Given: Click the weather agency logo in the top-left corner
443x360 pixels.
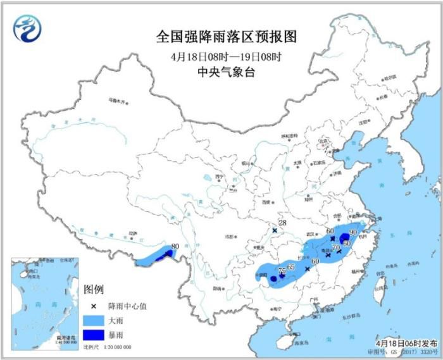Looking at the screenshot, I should click(27, 29).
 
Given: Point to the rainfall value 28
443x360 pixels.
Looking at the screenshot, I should click(282, 223).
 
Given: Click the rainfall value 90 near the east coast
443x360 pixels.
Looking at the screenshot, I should click(353, 233).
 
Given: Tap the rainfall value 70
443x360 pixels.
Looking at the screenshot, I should click(335, 247).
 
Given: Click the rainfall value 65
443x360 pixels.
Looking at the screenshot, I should click(291, 267).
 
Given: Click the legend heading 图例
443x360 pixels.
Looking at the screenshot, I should click(93, 289).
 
